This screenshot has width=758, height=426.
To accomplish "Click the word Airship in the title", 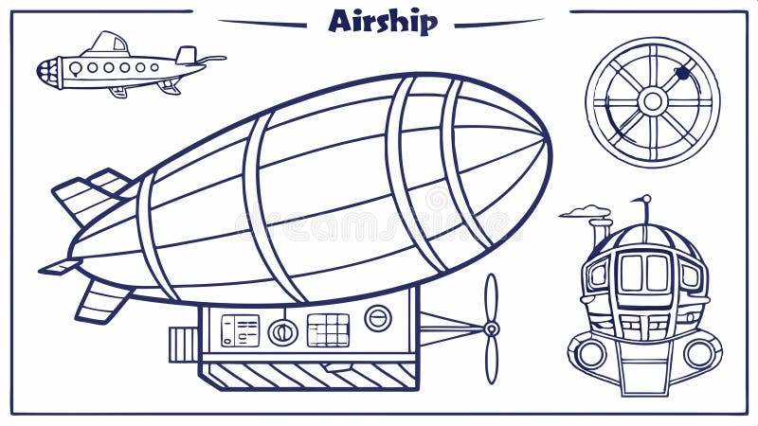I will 383,20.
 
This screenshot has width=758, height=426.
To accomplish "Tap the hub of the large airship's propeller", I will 491,328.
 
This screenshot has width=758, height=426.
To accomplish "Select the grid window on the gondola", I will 328,329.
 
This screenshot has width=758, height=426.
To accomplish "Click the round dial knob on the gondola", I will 282,331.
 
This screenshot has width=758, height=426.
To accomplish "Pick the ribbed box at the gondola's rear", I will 184,344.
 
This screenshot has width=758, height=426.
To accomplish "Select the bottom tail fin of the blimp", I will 102,300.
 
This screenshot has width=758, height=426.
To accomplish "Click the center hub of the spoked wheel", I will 652,100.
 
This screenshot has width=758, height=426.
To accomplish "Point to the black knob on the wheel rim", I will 682,72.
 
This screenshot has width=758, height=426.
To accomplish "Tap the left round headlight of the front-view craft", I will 591,354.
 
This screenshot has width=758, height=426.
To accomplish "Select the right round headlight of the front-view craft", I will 700,354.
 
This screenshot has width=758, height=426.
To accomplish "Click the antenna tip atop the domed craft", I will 646,199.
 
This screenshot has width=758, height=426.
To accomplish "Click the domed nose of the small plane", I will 46,70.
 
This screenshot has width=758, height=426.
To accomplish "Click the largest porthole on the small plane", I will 75,68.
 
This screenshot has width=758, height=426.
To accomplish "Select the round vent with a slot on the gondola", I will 378,318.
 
